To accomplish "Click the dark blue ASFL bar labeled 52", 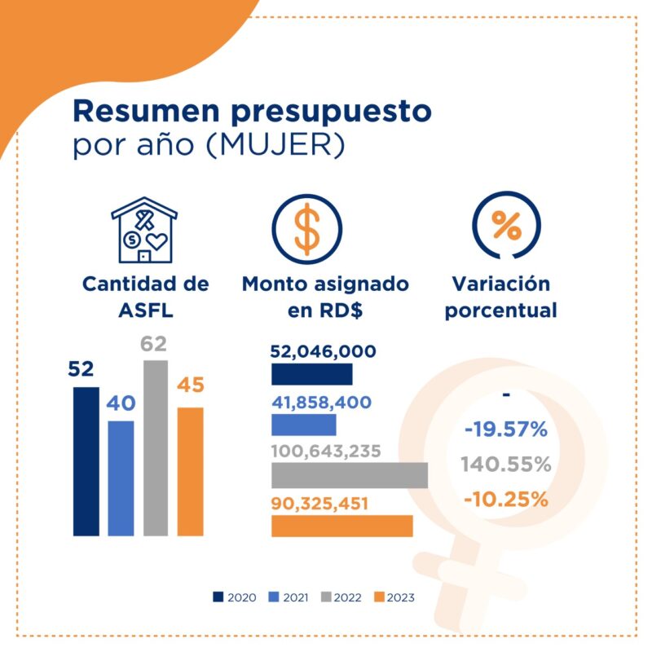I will (86, 461).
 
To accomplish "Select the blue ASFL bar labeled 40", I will (120, 478).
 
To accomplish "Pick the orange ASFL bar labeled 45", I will (189, 471).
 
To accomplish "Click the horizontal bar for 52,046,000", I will (311, 374).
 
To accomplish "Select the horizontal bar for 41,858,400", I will (303, 425).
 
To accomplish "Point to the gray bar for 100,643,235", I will (349, 475).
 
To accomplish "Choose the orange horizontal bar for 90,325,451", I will (341, 526).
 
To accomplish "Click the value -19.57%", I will (506, 430).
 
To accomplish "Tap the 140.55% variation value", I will (506, 465).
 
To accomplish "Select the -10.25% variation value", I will (506, 499).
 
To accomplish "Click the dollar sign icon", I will (307, 230).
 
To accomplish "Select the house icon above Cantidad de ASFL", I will (144, 230).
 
